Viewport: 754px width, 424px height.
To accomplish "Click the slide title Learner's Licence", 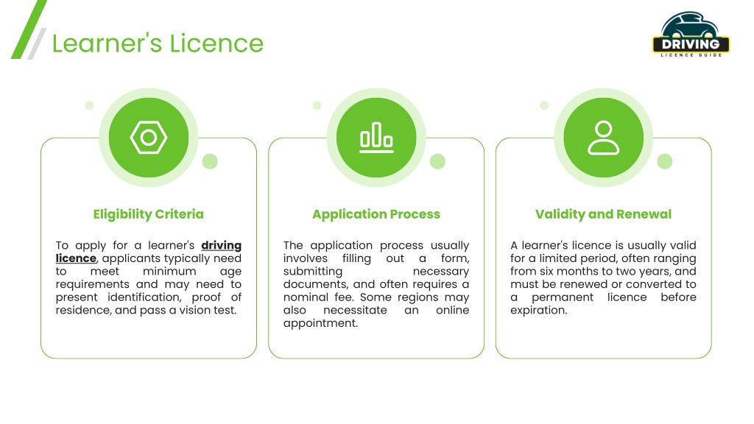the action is (x=158, y=43).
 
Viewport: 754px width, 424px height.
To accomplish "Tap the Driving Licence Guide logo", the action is (x=691, y=35).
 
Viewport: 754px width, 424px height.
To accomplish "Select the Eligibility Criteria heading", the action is (x=149, y=214).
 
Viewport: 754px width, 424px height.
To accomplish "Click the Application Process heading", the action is (x=376, y=214).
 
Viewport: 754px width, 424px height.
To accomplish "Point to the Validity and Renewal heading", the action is (x=604, y=214).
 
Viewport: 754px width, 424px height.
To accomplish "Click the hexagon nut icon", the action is (x=149, y=138).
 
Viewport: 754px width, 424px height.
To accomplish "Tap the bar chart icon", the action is (x=376, y=138).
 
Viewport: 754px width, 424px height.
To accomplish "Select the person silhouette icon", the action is (x=604, y=138).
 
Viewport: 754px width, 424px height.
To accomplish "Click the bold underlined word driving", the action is (x=221, y=246).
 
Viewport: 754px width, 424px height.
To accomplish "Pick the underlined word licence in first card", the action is (x=76, y=258).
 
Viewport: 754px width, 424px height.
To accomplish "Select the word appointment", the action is (x=320, y=324).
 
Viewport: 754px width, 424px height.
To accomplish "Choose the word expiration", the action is (x=538, y=311).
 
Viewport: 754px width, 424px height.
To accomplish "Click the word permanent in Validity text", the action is (x=562, y=297).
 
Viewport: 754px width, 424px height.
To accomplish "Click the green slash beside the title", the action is (x=29, y=29).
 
